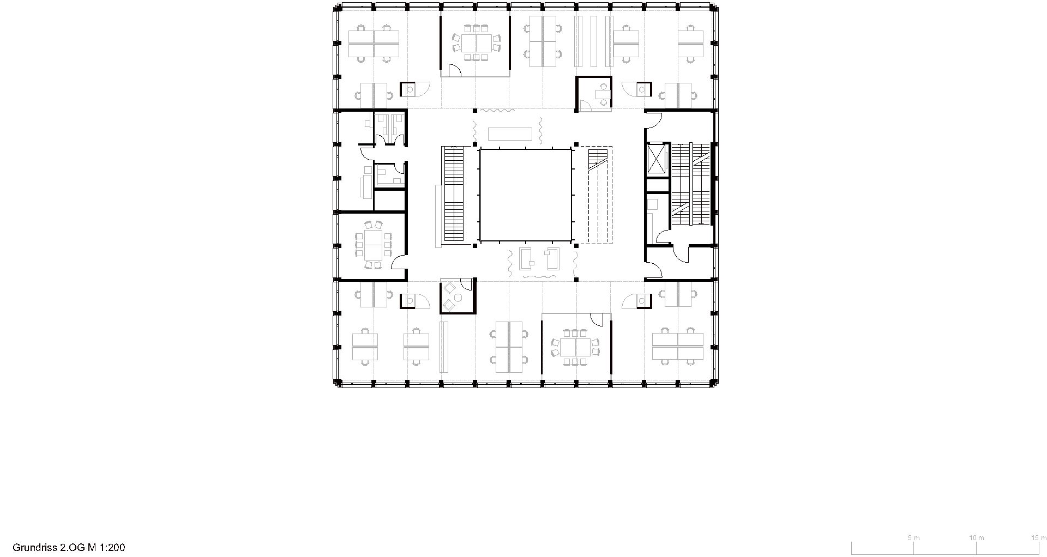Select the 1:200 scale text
pyautogui.click(x=113, y=547)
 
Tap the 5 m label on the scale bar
pyautogui.click(x=913, y=537)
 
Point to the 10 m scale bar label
pyautogui.click(x=977, y=537)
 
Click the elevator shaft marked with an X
pyautogui.click(x=657, y=159)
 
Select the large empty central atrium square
pyautogui.click(x=525, y=195)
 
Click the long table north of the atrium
pyautogui.click(x=510, y=134)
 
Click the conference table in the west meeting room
pyautogui.click(x=373, y=245)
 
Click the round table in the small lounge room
pyautogui.click(x=459, y=297)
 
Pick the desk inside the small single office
pyautogui.click(x=603, y=98)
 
